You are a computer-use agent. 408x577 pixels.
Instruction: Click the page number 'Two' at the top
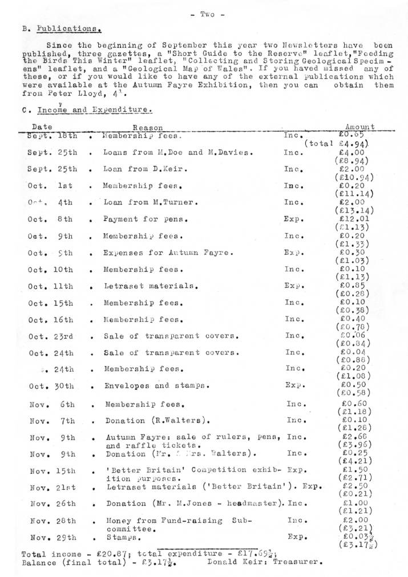pos(204,14)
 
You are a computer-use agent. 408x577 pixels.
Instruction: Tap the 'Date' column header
pos(42,127)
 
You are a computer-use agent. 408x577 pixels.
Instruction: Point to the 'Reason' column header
pos(147,128)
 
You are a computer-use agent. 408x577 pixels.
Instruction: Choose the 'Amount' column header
pos(359,127)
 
